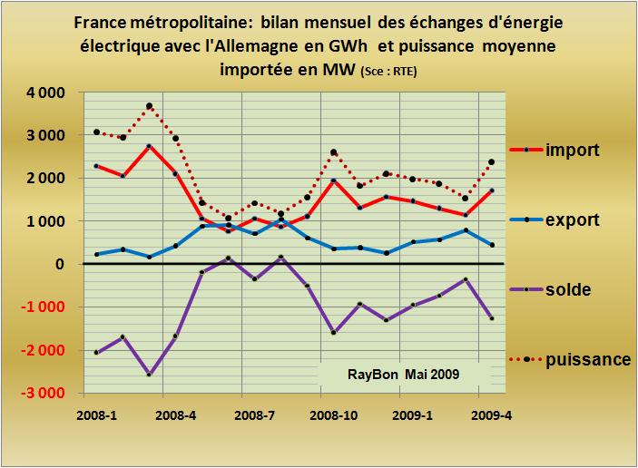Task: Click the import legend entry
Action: tap(571, 150)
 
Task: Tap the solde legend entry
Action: tap(568, 289)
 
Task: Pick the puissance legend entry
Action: tap(588, 359)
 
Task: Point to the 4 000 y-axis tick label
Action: tap(44, 93)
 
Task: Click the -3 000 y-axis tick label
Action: tap(42, 394)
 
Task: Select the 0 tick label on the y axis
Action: tap(61, 265)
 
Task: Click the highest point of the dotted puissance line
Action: tap(149, 107)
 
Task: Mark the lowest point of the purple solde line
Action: tap(149, 374)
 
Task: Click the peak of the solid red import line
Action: tap(149, 146)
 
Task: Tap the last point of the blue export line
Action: tap(491, 245)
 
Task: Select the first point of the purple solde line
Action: tap(96, 352)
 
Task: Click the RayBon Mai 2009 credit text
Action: tap(403, 374)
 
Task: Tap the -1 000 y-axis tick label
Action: tap(42, 307)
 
